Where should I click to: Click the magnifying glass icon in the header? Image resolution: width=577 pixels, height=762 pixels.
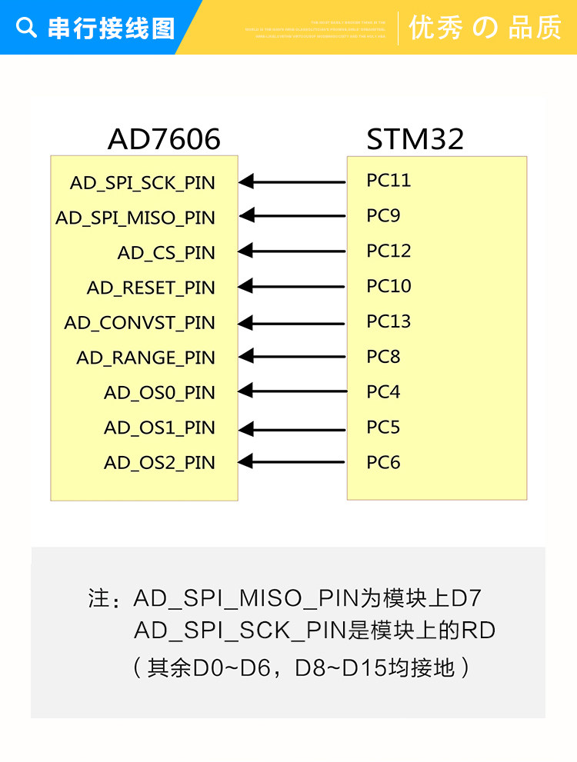click(26, 28)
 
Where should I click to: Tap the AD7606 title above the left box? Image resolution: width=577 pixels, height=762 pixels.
click(164, 139)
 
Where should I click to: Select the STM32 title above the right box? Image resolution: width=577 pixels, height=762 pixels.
click(415, 139)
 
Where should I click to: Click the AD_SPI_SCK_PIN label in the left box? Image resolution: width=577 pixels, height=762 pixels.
click(142, 183)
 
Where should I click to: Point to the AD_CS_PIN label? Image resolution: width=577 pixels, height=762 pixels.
click(166, 253)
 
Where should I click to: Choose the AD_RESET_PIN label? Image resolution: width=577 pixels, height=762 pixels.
click(151, 288)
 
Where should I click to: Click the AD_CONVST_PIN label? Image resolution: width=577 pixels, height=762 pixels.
click(139, 323)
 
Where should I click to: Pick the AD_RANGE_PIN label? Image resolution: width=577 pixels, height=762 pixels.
click(145, 358)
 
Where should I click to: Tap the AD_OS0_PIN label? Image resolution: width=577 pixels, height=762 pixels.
click(159, 393)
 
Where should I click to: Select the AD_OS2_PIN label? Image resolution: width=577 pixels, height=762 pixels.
click(159, 463)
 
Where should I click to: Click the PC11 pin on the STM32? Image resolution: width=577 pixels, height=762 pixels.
click(389, 181)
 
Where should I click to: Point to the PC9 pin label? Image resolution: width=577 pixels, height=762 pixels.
click(383, 216)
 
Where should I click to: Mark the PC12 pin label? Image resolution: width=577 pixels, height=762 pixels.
click(389, 251)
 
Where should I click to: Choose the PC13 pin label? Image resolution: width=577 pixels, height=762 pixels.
click(389, 321)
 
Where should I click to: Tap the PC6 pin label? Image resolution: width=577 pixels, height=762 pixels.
click(383, 463)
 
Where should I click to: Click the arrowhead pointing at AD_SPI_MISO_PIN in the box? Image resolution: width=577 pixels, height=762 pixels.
click(246, 217)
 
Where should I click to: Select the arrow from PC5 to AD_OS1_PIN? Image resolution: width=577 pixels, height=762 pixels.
click(292, 427)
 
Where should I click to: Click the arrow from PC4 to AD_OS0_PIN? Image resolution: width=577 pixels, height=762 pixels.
click(292, 392)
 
